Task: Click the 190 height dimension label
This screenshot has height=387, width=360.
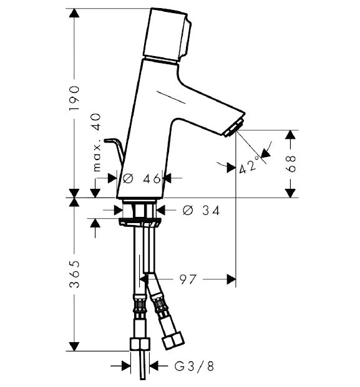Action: [x=74, y=98]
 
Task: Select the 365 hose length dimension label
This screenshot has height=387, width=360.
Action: [x=74, y=274]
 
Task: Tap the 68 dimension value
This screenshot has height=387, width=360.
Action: [x=291, y=164]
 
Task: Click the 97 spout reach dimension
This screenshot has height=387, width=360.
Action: [x=188, y=279]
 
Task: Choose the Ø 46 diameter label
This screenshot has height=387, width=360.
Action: [x=142, y=178]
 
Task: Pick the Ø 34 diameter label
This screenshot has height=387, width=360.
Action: [x=201, y=211]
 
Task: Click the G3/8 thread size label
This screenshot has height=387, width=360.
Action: [x=194, y=366]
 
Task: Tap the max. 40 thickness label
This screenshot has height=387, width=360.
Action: [x=96, y=143]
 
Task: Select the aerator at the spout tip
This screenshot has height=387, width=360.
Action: [x=234, y=127]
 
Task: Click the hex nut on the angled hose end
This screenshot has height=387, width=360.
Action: [x=173, y=340]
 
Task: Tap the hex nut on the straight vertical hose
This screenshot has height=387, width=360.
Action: [x=140, y=344]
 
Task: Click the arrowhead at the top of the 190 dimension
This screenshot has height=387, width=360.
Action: [x=74, y=13]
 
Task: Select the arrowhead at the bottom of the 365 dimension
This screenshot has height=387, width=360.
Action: [x=74, y=346]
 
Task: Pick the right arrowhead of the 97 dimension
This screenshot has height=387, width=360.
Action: [x=231, y=279]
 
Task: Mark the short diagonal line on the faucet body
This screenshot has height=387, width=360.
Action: [x=171, y=97]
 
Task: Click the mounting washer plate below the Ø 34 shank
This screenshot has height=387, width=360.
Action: [x=139, y=222]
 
